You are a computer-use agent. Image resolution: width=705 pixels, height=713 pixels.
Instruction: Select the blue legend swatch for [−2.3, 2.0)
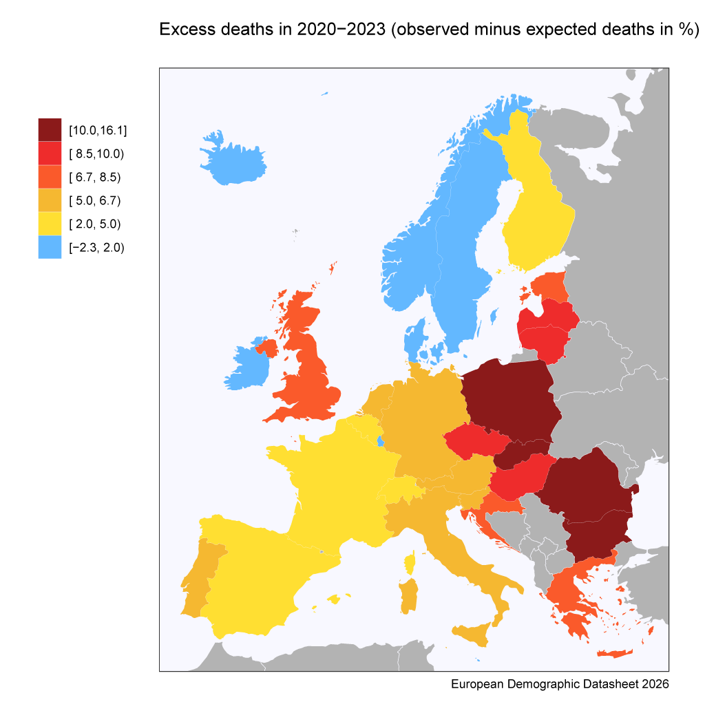click(x=50, y=247)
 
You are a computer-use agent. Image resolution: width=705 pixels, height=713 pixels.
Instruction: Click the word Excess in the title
click(x=187, y=29)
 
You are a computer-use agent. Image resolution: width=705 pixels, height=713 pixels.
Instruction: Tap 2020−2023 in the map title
click(x=341, y=29)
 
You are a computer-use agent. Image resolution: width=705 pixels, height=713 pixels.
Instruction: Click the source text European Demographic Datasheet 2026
click(x=560, y=684)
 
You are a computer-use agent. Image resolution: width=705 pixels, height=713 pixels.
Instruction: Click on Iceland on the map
click(x=232, y=159)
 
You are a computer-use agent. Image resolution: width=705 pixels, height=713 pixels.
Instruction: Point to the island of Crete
click(x=615, y=654)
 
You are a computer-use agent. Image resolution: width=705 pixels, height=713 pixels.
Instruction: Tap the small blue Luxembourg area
click(x=380, y=440)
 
